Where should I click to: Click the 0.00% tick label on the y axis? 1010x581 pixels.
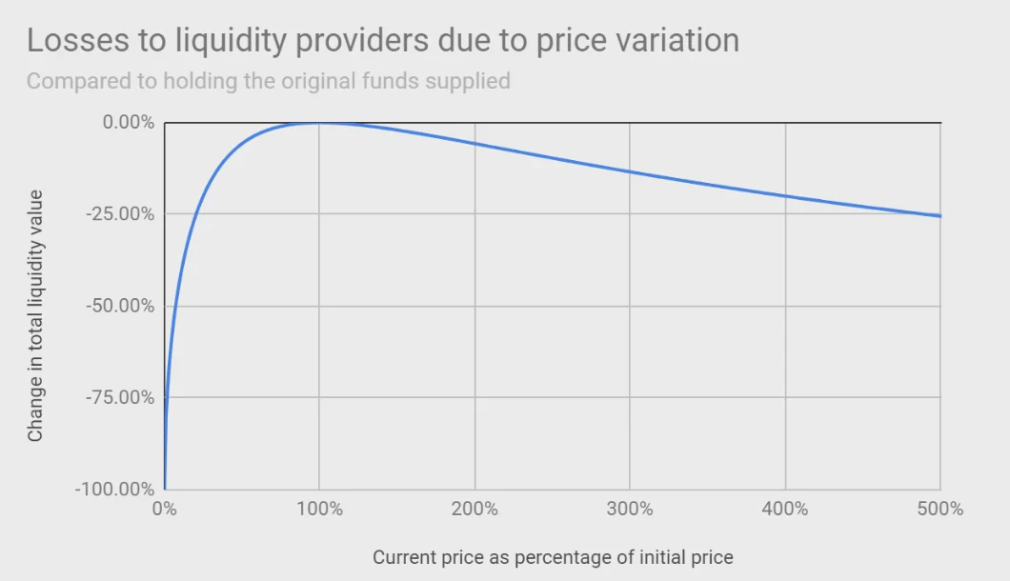coord(127,123)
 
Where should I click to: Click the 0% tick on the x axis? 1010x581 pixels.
coord(165,510)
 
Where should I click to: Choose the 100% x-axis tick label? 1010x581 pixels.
coord(319,510)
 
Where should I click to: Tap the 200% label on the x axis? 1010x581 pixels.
coord(475,510)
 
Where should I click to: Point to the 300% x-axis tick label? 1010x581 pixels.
coord(630,510)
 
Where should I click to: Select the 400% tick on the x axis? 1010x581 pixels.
coord(785,510)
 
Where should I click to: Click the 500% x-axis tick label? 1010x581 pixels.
coord(940,510)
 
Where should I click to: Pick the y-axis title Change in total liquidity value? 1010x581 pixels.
coord(36,315)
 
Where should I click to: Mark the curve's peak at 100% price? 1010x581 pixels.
coord(319,123)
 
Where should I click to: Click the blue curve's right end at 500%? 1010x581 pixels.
coord(939,215)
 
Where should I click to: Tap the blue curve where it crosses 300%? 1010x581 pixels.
coord(630,171)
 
